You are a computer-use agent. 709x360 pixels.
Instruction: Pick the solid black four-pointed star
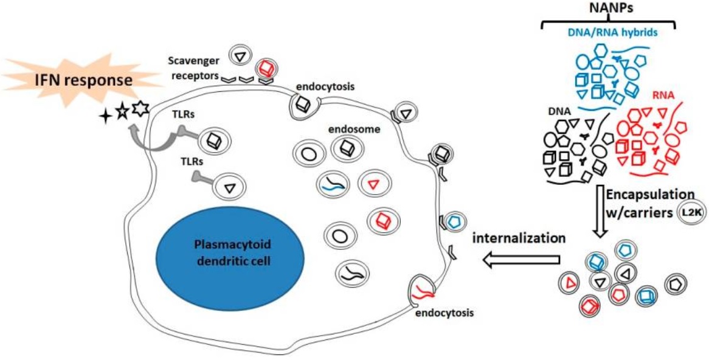(105, 118)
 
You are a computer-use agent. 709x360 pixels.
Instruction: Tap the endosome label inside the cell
(348, 130)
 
